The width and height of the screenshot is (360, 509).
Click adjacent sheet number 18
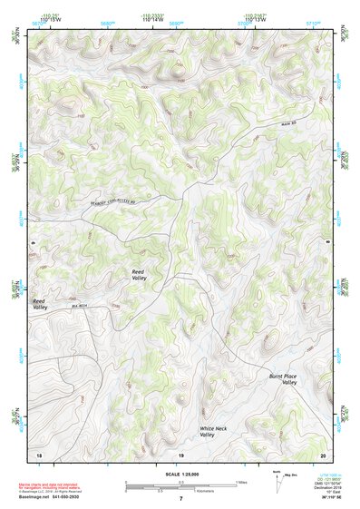[38, 453]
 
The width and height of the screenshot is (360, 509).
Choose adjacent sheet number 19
[180, 453]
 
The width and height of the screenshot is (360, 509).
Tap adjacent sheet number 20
[323, 453]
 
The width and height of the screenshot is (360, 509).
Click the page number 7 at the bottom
[180, 499]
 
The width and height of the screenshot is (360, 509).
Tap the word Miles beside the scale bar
[241, 482]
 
